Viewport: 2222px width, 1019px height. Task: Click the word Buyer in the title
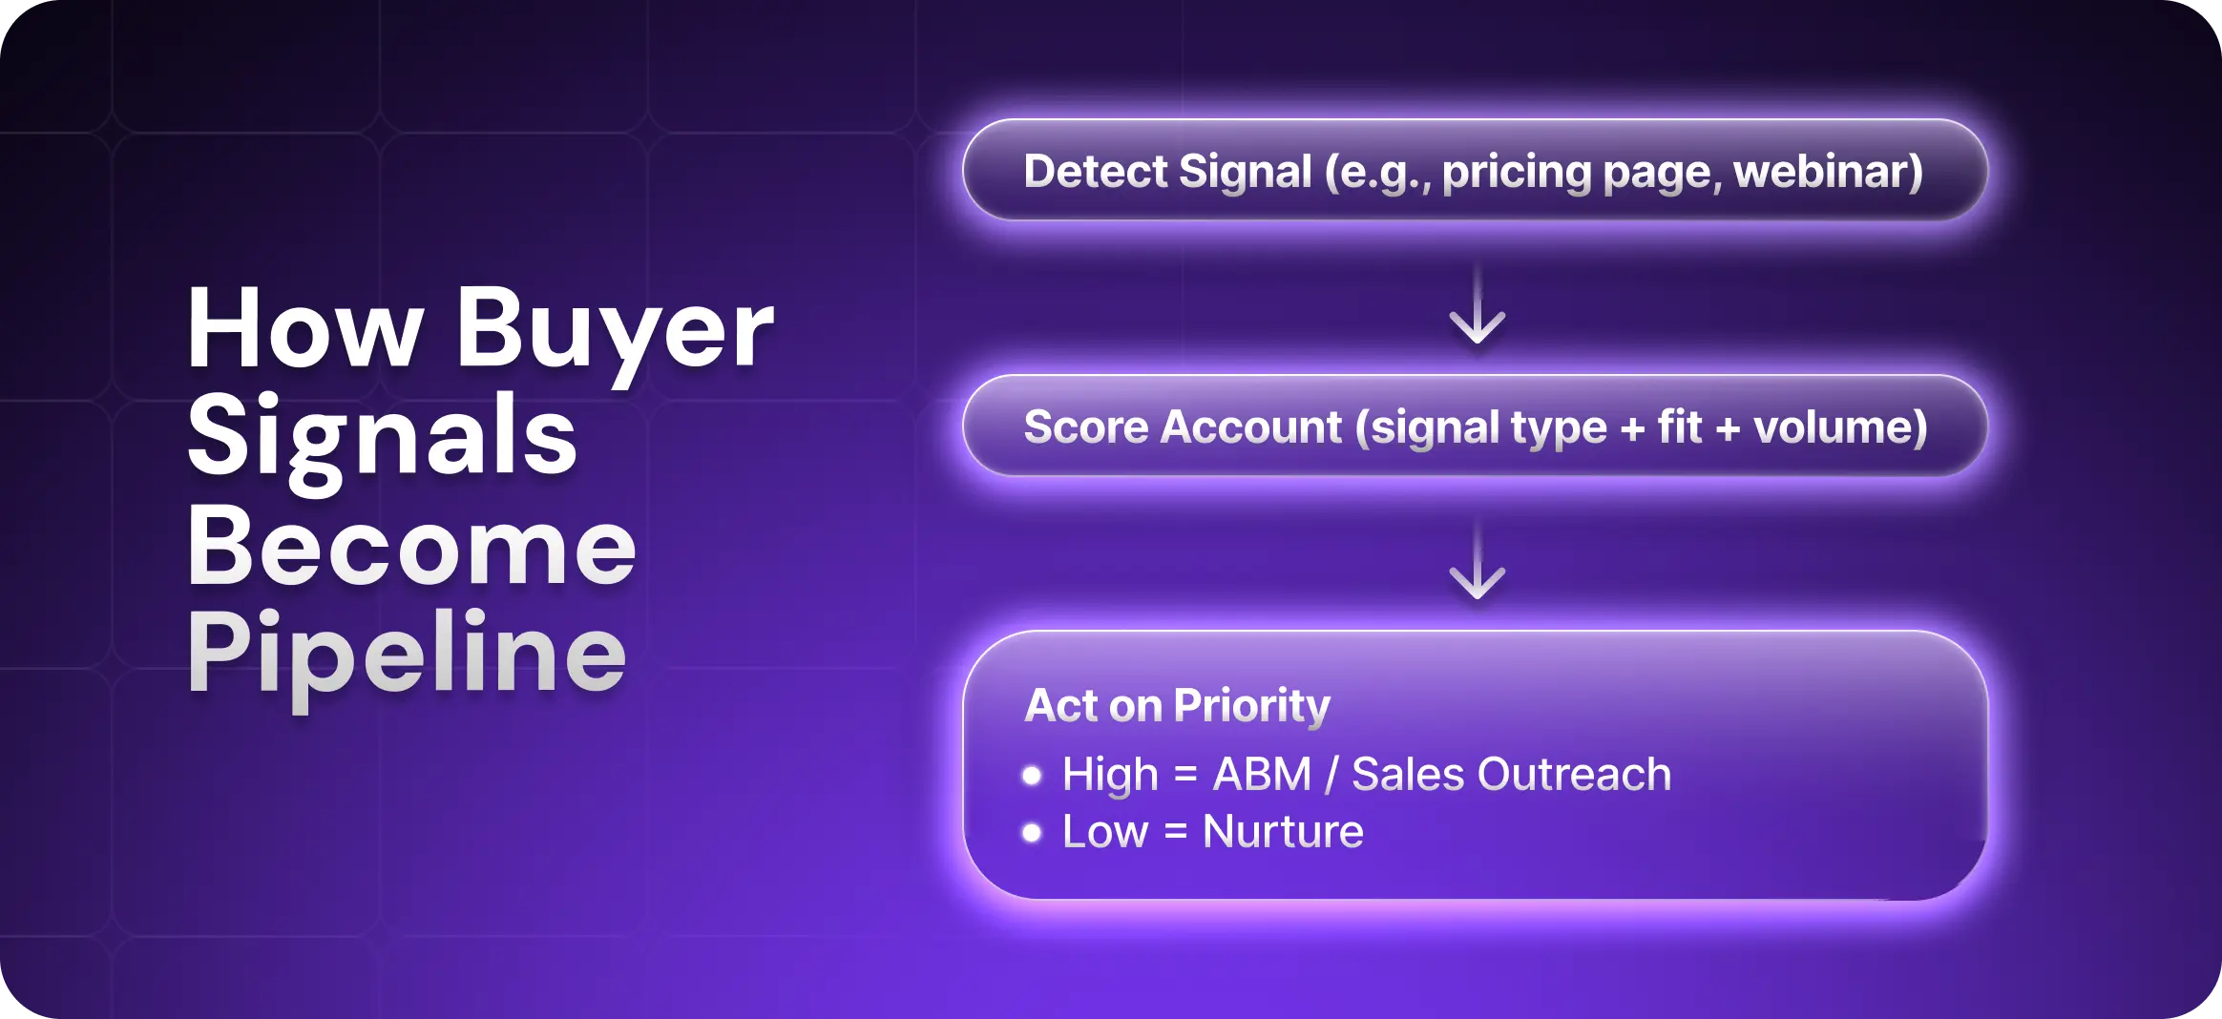point(614,329)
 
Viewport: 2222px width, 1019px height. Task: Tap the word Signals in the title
point(382,437)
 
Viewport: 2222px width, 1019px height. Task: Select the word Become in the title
point(411,546)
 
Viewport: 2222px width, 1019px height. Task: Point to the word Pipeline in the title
point(407,655)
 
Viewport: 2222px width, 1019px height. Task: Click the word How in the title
point(304,329)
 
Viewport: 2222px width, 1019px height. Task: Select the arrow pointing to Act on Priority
point(1477,563)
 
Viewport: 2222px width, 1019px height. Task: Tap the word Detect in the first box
point(1095,172)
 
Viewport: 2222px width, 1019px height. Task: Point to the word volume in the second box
point(1839,426)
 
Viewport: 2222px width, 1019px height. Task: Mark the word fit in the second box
point(1679,426)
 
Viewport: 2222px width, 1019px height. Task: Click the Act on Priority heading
point(1177,706)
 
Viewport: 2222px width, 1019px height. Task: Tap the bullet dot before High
point(1031,776)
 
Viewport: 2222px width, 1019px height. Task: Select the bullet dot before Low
point(1031,833)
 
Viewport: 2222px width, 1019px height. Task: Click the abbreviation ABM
point(1262,774)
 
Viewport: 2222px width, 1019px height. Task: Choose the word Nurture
point(1283,831)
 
